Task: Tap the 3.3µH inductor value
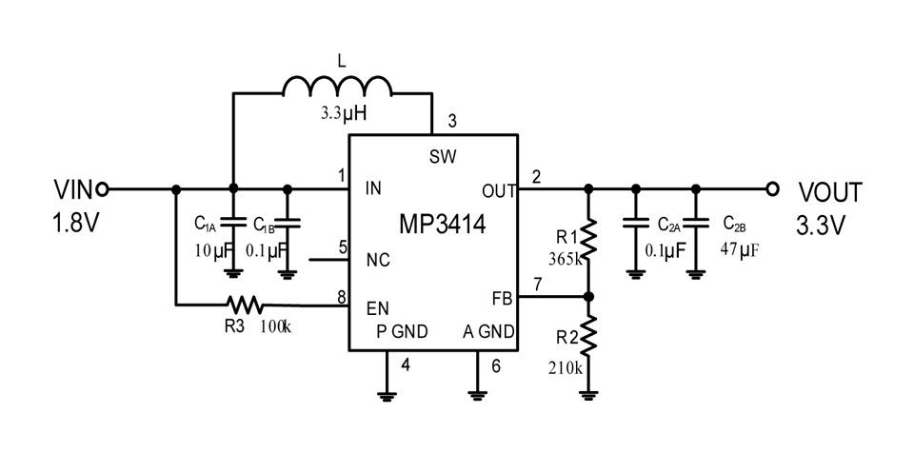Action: pyautogui.click(x=344, y=113)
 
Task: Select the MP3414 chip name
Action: pyautogui.click(x=442, y=225)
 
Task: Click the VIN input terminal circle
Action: pyautogui.click(x=102, y=188)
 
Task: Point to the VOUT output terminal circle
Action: pyautogui.click(x=773, y=188)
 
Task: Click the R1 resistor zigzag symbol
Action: pyautogui.click(x=588, y=238)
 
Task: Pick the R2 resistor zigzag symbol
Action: pyautogui.click(x=588, y=336)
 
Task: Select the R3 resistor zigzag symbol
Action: pyautogui.click(x=245, y=305)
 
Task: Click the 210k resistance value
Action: pyautogui.click(x=565, y=368)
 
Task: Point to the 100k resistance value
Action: pyautogui.click(x=276, y=326)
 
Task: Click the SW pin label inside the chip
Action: pyautogui.click(x=443, y=156)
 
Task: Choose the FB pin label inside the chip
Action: pyautogui.click(x=502, y=299)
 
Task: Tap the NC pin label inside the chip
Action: pyautogui.click(x=378, y=260)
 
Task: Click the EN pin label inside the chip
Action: pyautogui.click(x=378, y=307)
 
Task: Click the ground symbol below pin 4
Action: pyautogui.click(x=387, y=396)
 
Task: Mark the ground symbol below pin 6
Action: pyautogui.click(x=477, y=396)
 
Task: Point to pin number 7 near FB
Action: pyautogui.click(x=537, y=286)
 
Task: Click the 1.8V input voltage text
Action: pyautogui.click(x=73, y=224)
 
